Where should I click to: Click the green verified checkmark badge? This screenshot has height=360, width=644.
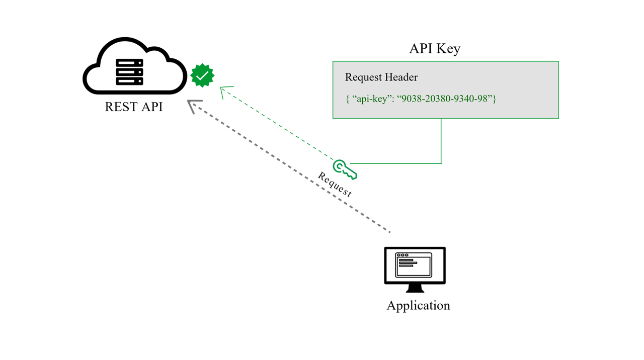(x=202, y=75)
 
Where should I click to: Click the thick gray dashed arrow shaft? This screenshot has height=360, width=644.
(x=292, y=168)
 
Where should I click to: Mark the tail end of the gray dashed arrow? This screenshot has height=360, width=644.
(x=389, y=231)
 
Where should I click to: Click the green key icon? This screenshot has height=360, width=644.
(x=345, y=169)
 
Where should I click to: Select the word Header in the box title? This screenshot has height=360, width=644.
(x=400, y=77)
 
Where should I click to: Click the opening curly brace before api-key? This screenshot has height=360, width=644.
(x=348, y=99)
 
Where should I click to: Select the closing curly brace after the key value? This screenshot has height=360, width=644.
(x=495, y=99)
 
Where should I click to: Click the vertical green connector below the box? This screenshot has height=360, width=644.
(x=441, y=141)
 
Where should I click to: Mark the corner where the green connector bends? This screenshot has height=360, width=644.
(x=441, y=163)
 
